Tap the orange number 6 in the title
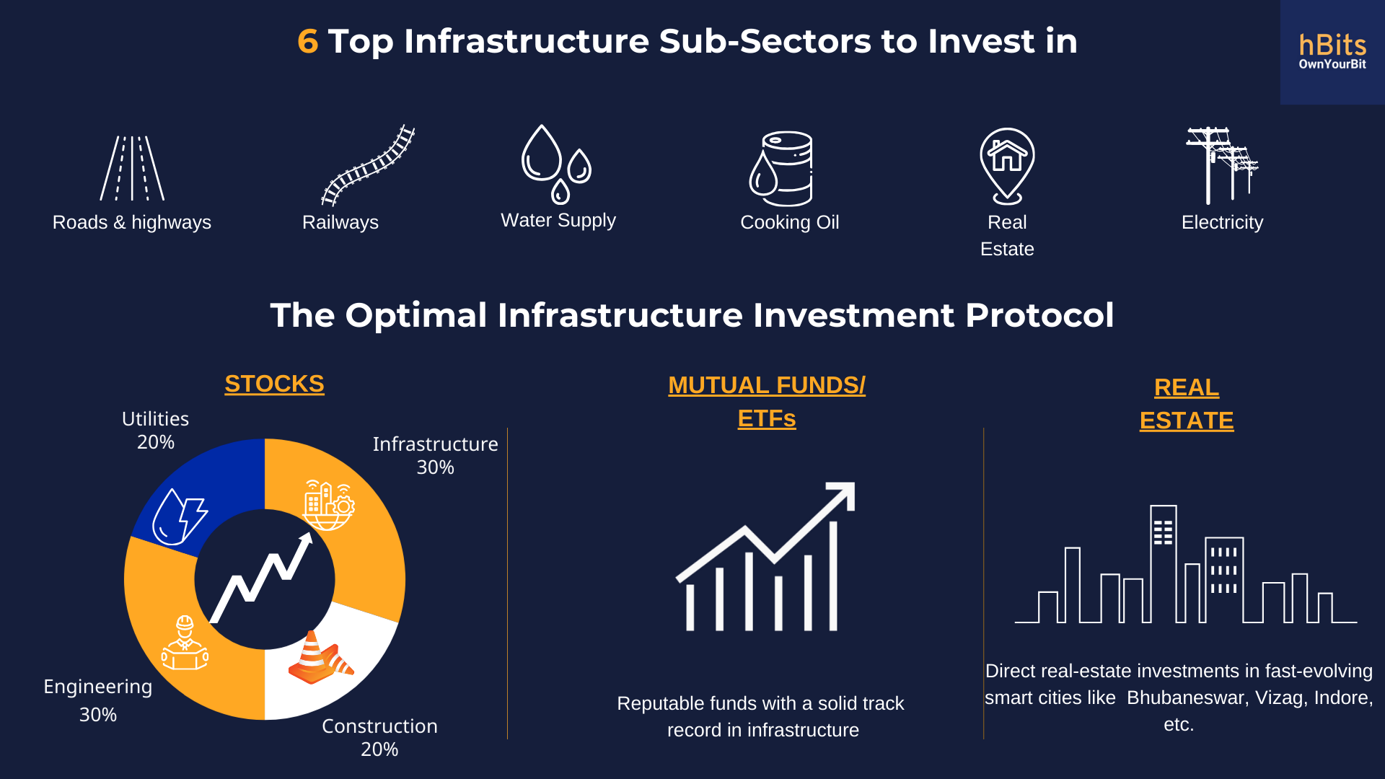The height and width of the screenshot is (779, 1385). (307, 41)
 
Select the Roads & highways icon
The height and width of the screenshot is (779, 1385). (132, 168)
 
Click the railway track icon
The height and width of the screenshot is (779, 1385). (368, 165)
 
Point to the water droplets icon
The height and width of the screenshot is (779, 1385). (556, 164)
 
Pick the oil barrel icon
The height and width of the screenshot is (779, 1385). (781, 168)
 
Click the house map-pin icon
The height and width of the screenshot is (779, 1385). (1007, 166)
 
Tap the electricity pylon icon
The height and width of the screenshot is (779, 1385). (1222, 166)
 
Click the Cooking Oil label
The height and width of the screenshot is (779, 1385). (789, 222)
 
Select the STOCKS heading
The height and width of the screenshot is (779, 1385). (274, 384)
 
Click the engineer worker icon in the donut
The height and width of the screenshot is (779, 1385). (185, 643)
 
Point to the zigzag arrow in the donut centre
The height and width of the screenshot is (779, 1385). (261, 577)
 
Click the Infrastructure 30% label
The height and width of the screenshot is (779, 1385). (435, 455)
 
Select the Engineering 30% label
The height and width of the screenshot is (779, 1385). (98, 700)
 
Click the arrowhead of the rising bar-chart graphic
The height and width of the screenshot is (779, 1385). (842, 495)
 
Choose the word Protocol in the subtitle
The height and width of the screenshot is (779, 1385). (1039, 315)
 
